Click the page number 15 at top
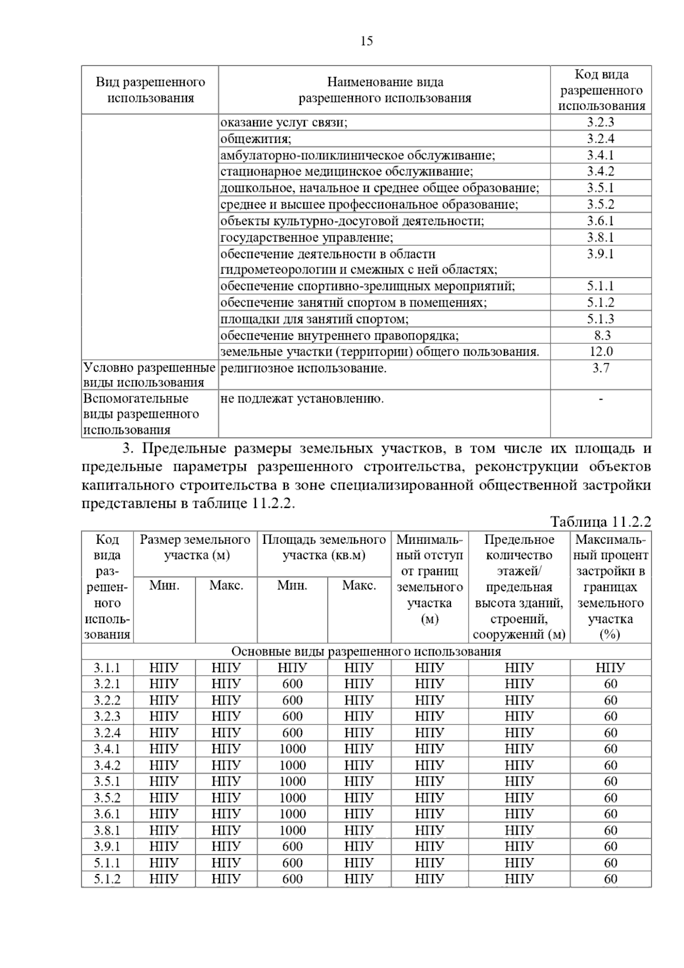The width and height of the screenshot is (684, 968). point(367,41)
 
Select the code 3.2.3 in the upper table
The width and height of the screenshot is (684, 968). point(600,123)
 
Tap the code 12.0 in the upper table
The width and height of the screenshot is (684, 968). point(601,352)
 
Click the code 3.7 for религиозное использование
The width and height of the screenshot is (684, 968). point(601,368)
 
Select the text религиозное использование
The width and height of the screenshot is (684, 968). point(303,368)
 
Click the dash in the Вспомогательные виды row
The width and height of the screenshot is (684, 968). point(601,399)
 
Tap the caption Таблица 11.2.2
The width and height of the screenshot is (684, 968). point(600,522)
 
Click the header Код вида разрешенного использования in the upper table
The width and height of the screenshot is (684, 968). point(601,90)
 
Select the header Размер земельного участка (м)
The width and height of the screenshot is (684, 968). point(195,547)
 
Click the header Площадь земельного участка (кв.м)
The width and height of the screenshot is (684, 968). point(323,547)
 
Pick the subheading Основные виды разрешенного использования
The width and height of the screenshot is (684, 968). point(366,652)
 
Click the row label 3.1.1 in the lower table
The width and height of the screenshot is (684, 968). point(107,668)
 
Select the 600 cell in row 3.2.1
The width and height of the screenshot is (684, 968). point(292,684)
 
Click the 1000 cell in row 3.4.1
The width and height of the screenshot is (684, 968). point(292,749)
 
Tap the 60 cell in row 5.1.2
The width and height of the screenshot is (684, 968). point(610,879)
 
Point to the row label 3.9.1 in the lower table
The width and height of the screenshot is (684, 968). point(107,847)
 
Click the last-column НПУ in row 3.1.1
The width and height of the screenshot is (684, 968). point(610,668)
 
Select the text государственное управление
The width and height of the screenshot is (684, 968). point(307,238)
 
